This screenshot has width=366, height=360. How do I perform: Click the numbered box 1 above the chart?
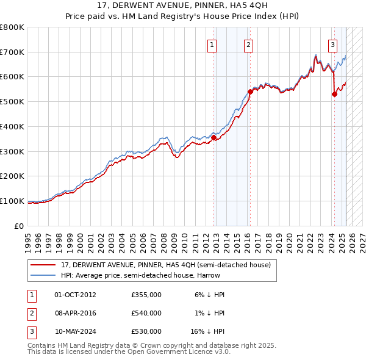pos(212,44)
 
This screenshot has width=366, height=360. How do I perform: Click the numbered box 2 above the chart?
pos(249,44)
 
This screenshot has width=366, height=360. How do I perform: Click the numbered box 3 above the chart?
pos(333,44)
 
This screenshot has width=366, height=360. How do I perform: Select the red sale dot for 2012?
pos(214,137)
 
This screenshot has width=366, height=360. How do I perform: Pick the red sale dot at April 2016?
pos(250,92)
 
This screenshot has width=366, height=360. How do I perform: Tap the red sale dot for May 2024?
pos(334,94)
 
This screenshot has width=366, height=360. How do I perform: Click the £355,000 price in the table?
pos(146,295)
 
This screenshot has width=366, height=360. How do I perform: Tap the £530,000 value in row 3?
pos(146,331)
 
